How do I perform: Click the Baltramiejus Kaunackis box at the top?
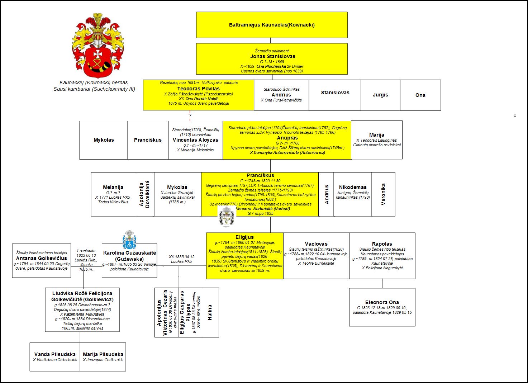272,25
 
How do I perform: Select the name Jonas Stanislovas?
272,56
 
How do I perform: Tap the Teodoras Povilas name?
198,89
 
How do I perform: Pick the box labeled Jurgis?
380,95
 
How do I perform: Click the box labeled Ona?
420,95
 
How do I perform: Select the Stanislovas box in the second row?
335,93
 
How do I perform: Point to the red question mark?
190,115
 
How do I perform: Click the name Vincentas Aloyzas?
195,140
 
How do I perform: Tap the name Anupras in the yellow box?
287,138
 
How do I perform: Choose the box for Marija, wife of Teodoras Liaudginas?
376,140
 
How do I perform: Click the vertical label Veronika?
383,194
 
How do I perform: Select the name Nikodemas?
353,187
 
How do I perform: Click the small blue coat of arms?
129,240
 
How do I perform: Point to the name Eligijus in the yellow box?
244,237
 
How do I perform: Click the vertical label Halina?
210,312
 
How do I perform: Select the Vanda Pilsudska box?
55,356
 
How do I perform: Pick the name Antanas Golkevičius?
42,258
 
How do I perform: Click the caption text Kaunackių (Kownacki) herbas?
94,82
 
